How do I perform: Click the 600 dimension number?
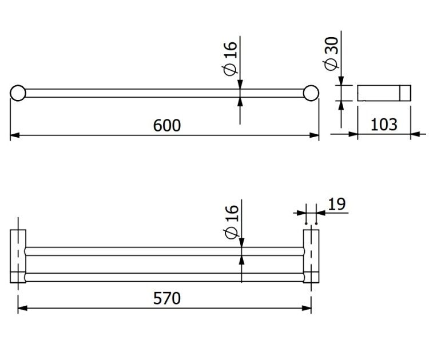167,126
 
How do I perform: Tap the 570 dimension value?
167,298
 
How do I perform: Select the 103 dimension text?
384,125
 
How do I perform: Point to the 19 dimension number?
337,204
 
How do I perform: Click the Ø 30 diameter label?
331,53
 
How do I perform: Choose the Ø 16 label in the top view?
230,58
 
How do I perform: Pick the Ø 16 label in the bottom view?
232,222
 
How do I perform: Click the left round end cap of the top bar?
18,93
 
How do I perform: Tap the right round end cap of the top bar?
311,93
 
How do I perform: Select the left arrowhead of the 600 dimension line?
15,135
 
